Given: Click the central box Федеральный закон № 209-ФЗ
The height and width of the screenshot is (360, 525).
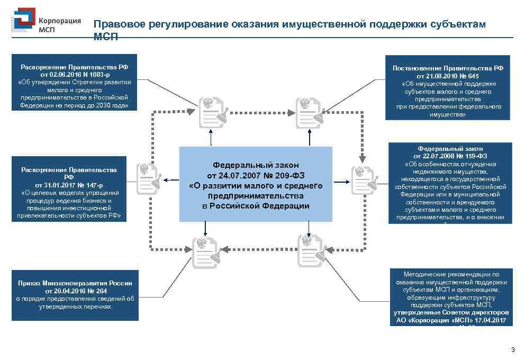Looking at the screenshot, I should (x=256, y=184).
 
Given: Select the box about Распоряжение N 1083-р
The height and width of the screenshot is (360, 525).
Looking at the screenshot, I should (x=74, y=82).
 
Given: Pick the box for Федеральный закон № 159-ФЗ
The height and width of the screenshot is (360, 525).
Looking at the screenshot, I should (x=450, y=183).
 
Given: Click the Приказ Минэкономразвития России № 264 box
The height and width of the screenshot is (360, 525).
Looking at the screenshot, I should (x=75, y=295).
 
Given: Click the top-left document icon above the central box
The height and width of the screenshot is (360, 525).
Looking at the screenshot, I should (x=211, y=112).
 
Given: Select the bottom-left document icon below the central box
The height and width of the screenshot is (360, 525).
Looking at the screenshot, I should (x=205, y=251).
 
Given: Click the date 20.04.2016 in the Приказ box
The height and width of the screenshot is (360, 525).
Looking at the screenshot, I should (x=74, y=291).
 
